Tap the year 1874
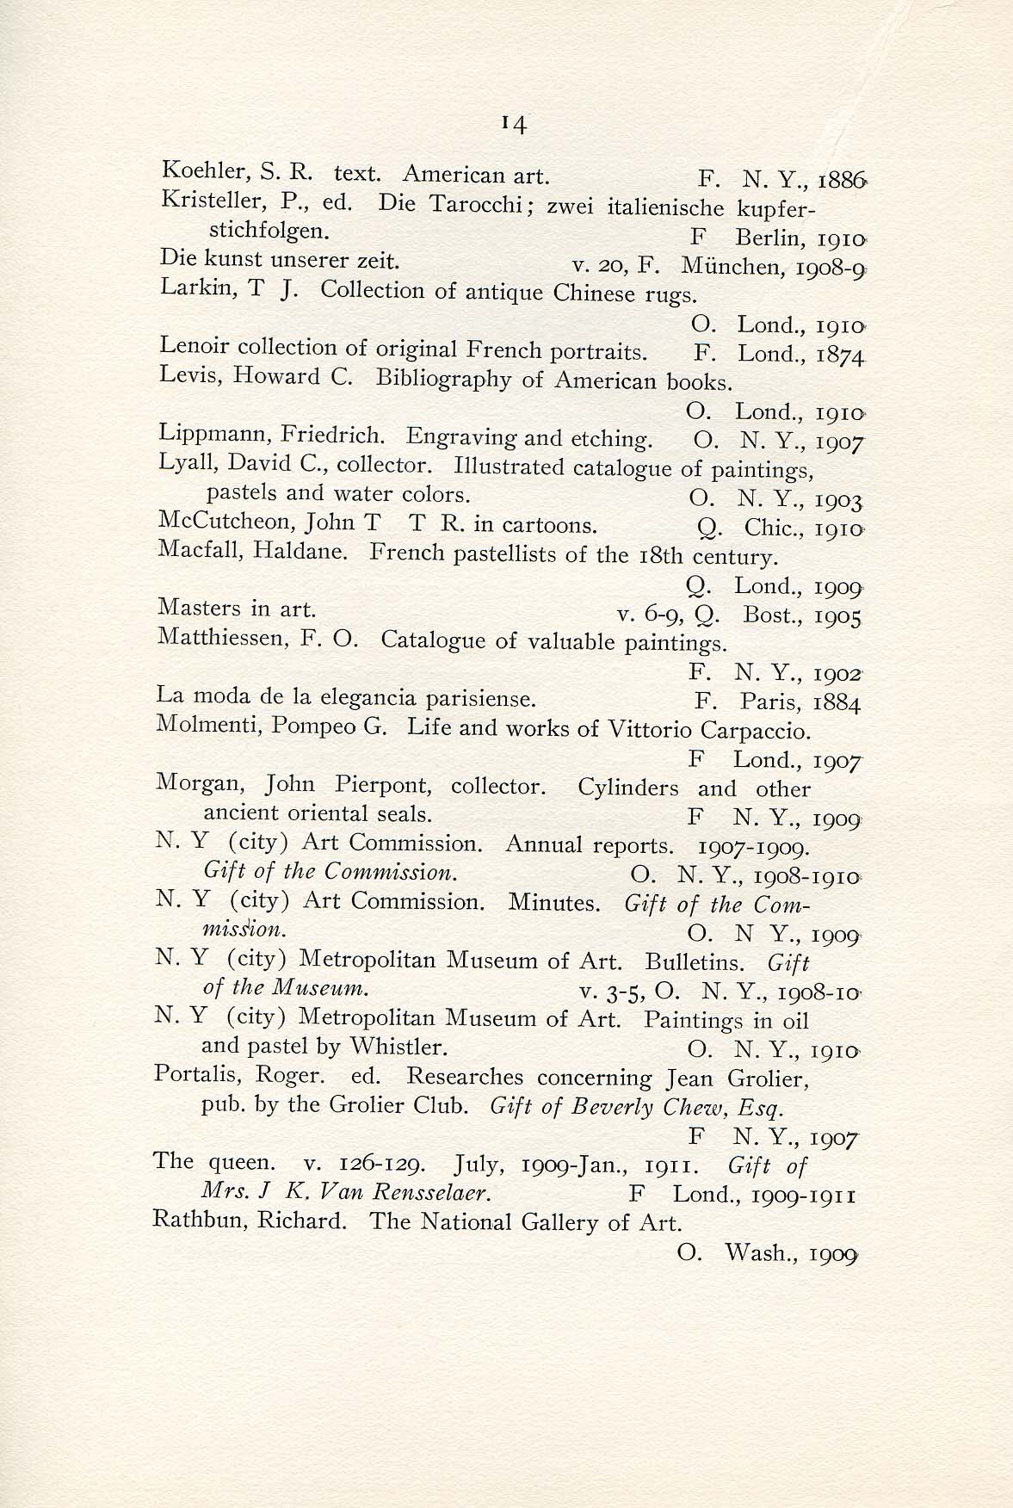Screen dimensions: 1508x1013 click(838, 355)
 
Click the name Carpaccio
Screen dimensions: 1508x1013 click(755, 731)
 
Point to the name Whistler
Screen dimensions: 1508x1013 click(398, 1047)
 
